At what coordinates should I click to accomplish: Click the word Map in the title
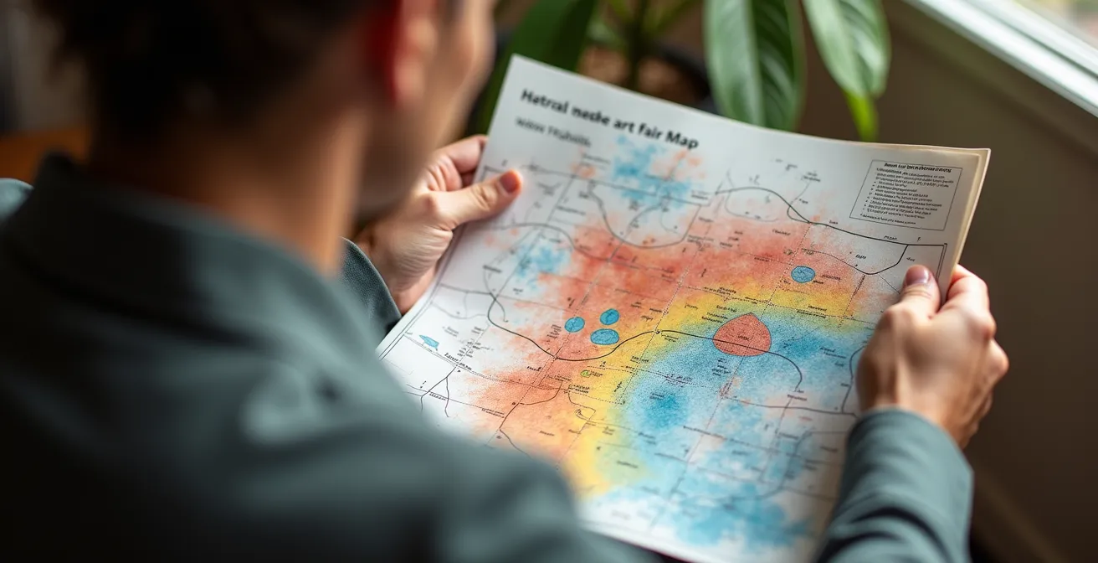click(x=681, y=139)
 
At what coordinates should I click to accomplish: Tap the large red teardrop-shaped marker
click(x=741, y=335)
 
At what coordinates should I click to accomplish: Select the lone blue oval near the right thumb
click(x=803, y=274)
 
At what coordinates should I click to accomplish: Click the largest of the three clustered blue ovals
click(x=604, y=337)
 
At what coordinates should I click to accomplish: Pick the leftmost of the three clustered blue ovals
click(x=574, y=324)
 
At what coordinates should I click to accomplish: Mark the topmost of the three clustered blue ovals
click(x=609, y=317)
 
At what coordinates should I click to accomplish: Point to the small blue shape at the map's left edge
click(x=429, y=341)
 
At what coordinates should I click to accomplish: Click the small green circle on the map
click(x=586, y=373)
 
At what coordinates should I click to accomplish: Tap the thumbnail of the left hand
click(x=510, y=181)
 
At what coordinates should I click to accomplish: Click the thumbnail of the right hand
click(x=918, y=276)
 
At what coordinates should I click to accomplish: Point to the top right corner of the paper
click(x=988, y=152)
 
